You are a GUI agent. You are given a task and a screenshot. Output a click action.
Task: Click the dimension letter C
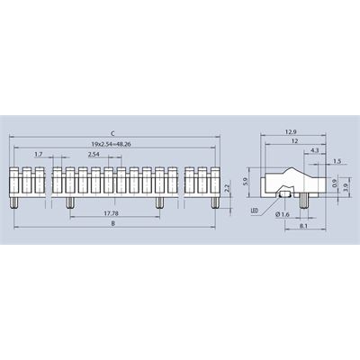point(113,133)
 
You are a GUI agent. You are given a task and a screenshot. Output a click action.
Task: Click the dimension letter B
point(113,223)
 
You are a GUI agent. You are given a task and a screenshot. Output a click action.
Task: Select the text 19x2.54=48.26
point(111,144)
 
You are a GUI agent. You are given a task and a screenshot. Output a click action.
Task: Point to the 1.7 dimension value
point(39,155)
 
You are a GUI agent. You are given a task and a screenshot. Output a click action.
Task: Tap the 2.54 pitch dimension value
point(94,155)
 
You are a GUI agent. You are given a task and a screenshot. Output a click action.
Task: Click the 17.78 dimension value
point(111,213)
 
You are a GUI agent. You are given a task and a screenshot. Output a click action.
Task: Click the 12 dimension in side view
point(295,141)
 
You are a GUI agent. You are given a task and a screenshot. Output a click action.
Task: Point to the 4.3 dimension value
point(315,150)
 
